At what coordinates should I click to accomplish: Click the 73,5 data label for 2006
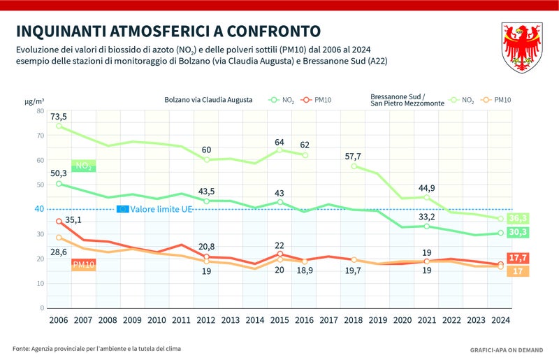pyautogui.click(x=59, y=116)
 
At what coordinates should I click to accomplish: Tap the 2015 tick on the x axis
pyautogui.click(x=280, y=320)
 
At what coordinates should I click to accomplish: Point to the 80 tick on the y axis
pyautogui.click(x=41, y=111)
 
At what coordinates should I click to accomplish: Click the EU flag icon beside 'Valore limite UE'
pyautogui.click(x=122, y=209)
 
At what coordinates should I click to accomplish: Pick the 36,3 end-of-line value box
pyautogui.click(x=518, y=218)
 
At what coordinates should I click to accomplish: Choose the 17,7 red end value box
pyautogui.click(x=518, y=258)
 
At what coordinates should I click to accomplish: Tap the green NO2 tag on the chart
pyautogui.click(x=82, y=166)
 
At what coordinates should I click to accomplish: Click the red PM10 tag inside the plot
pyautogui.click(x=83, y=264)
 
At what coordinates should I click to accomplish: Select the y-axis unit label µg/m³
pyautogui.click(x=34, y=101)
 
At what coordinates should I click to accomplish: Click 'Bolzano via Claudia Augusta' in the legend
pyautogui.click(x=208, y=100)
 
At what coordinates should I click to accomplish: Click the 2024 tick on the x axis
pyautogui.click(x=500, y=320)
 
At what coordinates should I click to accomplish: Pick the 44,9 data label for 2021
pyautogui.click(x=427, y=187)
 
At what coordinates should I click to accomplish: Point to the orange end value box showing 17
pyautogui.click(x=518, y=271)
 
